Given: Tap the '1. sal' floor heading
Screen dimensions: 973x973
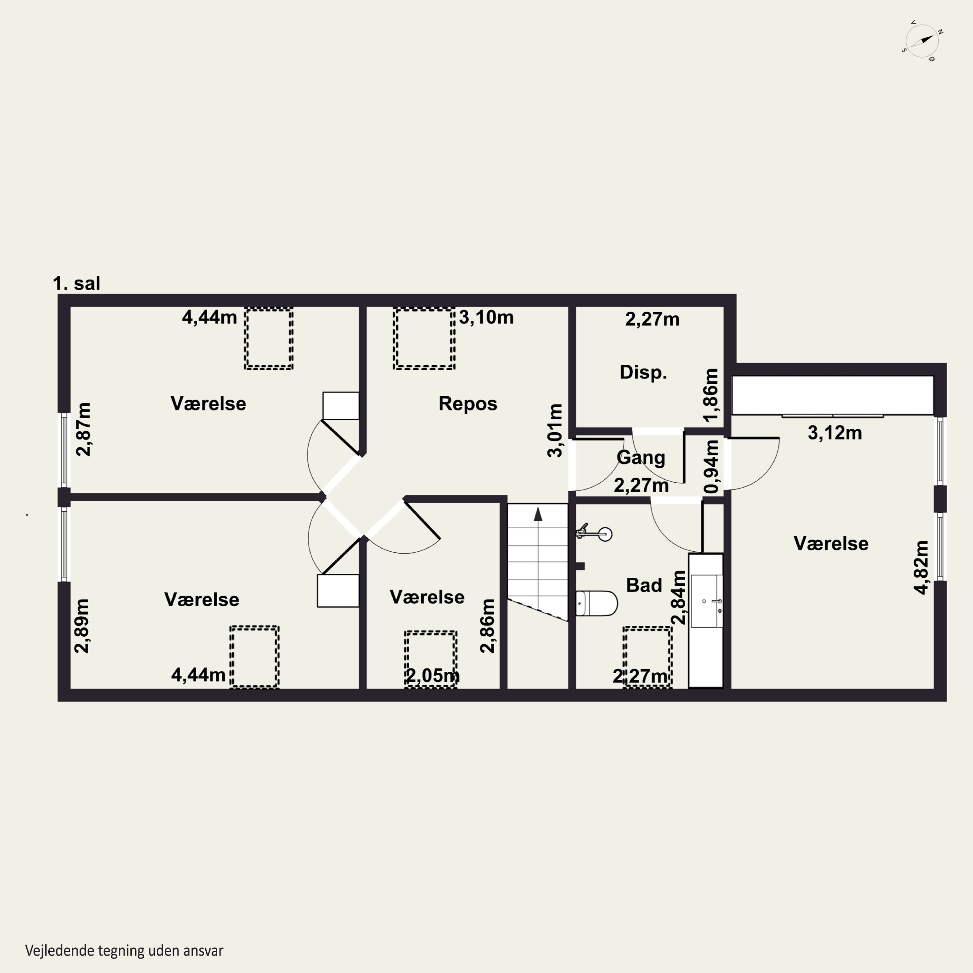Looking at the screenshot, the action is click(x=77, y=283).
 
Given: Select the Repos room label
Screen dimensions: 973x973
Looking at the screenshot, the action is click(x=468, y=403).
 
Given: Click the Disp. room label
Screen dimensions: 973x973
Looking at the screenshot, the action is click(x=643, y=372).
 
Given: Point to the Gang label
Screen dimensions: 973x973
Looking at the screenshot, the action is click(x=641, y=458).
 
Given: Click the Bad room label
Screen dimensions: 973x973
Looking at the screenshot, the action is click(x=643, y=585).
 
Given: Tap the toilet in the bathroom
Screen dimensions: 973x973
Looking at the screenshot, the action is click(x=597, y=603).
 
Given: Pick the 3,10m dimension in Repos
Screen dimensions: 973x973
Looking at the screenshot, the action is click(x=486, y=317).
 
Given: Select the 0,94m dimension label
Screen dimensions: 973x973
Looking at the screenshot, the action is click(x=712, y=466).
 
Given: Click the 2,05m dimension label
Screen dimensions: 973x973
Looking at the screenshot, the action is click(x=433, y=675).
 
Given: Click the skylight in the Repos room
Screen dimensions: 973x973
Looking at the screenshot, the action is click(x=424, y=338).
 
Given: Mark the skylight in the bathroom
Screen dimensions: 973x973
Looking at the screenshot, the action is click(x=647, y=657).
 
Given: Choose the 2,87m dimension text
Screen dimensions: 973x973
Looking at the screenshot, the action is click(x=84, y=429).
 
